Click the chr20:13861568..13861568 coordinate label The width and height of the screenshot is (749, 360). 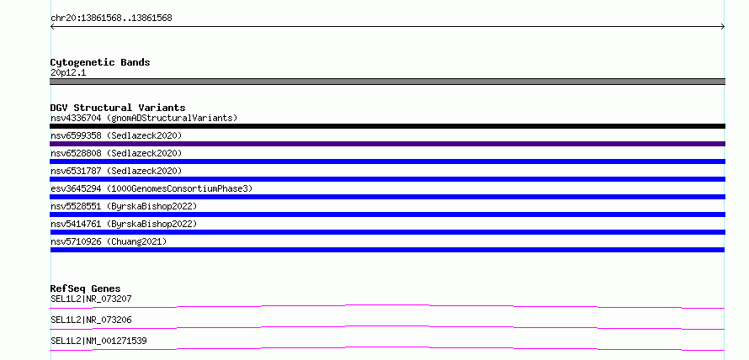click(x=111, y=19)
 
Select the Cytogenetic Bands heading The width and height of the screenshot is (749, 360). click(x=100, y=62)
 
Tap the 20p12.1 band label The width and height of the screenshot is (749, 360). click(x=68, y=73)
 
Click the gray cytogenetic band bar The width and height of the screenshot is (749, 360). click(x=387, y=82)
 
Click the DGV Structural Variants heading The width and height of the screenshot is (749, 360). click(x=118, y=108)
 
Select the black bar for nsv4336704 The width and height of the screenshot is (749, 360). click(x=387, y=126)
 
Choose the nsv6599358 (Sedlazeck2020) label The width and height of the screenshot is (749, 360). click(x=116, y=135)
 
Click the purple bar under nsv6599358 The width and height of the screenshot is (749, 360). click(x=387, y=144)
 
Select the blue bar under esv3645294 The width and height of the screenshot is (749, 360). click(x=387, y=197)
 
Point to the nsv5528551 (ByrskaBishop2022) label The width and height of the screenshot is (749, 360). click(x=124, y=206)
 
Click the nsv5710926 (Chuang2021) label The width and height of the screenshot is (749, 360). click(x=109, y=241)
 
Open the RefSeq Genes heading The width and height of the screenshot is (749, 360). click(x=85, y=289)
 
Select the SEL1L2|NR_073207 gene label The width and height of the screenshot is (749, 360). click(x=91, y=299)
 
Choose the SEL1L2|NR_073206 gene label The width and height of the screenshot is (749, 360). click(x=91, y=320)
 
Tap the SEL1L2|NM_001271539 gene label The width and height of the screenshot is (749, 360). click(x=98, y=341)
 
